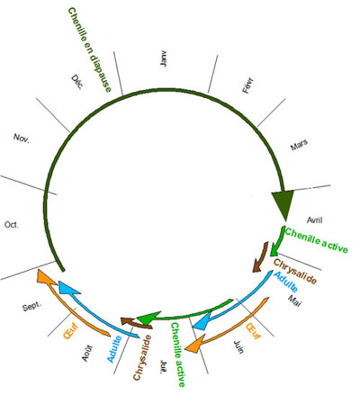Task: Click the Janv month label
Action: (x=164, y=59)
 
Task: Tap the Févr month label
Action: (x=248, y=85)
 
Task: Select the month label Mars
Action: (x=299, y=145)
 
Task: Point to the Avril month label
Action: (x=315, y=220)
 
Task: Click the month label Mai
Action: (x=294, y=301)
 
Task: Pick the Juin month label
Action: (x=238, y=347)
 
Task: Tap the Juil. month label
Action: (x=163, y=367)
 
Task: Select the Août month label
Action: (x=87, y=354)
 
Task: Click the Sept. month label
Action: (x=32, y=307)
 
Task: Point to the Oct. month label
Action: (x=12, y=225)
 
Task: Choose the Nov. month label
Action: (x=22, y=139)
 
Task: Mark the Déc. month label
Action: (x=77, y=82)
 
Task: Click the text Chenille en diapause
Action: (x=90, y=49)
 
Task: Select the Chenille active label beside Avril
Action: (x=316, y=240)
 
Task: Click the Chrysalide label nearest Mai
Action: (x=295, y=272)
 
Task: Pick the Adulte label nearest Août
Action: (x=114, y=349)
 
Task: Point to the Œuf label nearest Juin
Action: (x=254, y=331)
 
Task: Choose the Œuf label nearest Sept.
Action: (x=71, y=331)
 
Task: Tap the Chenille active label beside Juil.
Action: (x=178, y=355)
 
